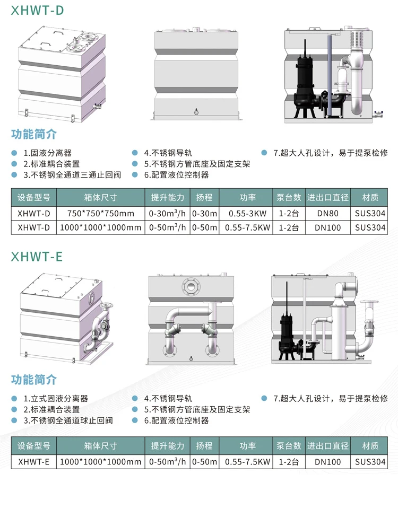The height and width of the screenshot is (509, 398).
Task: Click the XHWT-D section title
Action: [37, 11]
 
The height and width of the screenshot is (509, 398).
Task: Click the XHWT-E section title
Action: [37, 257]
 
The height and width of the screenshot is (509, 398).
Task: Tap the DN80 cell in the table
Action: [327, 213]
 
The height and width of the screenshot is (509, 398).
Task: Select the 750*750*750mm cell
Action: [100, 213]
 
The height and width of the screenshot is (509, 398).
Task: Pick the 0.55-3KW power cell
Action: [247, 213]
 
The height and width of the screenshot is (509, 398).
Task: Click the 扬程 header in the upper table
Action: [204, 197]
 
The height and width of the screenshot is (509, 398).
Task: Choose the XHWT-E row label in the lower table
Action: [33, 462]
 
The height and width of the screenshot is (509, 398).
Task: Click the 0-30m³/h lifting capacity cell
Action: [167, 213]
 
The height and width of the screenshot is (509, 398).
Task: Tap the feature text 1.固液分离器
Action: [47, 153]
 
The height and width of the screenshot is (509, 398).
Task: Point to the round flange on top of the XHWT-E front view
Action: [190, 286]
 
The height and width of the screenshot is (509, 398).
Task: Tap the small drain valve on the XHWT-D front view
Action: [196, 111]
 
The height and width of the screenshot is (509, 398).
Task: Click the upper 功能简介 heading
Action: [33, 134]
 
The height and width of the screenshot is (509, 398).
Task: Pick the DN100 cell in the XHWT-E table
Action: [327, 462]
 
